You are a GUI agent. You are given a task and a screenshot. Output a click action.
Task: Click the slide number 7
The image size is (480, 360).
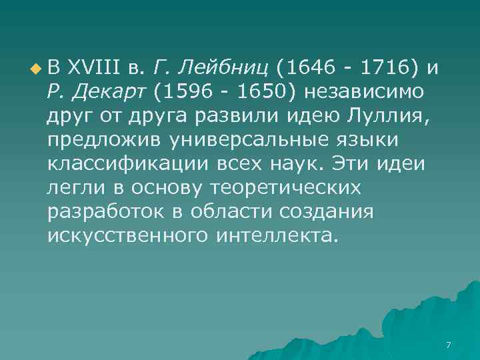(448, 345)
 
